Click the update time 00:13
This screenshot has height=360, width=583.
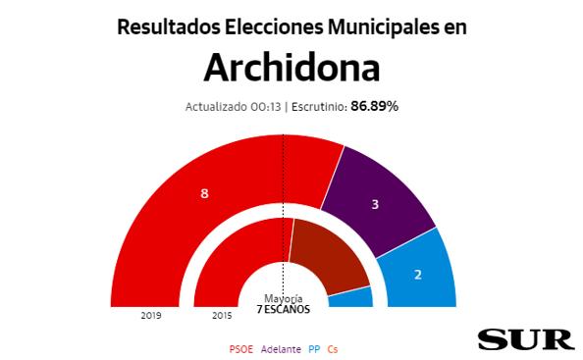[x=267, y=107]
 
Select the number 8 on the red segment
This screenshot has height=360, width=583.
[x=204, y=193]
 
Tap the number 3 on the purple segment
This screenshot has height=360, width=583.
[x=374, y=205]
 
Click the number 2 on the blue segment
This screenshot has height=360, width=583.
[x=417, y=275]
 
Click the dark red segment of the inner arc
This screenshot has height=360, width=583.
[x=327, y=255]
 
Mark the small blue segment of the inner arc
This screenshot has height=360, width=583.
[x=351, y=297]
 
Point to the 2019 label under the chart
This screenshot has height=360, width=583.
[x=150, y=316]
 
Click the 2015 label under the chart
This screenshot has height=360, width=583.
[x=222, y=316]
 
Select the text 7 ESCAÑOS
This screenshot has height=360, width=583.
[x=283, y=309]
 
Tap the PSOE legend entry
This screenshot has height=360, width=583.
[x=239, y=348]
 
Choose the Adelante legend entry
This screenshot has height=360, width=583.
[x=283, y=348]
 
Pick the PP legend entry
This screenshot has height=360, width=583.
[x=314, y=348]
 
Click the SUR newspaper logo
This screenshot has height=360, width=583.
[x=525, y=339]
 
